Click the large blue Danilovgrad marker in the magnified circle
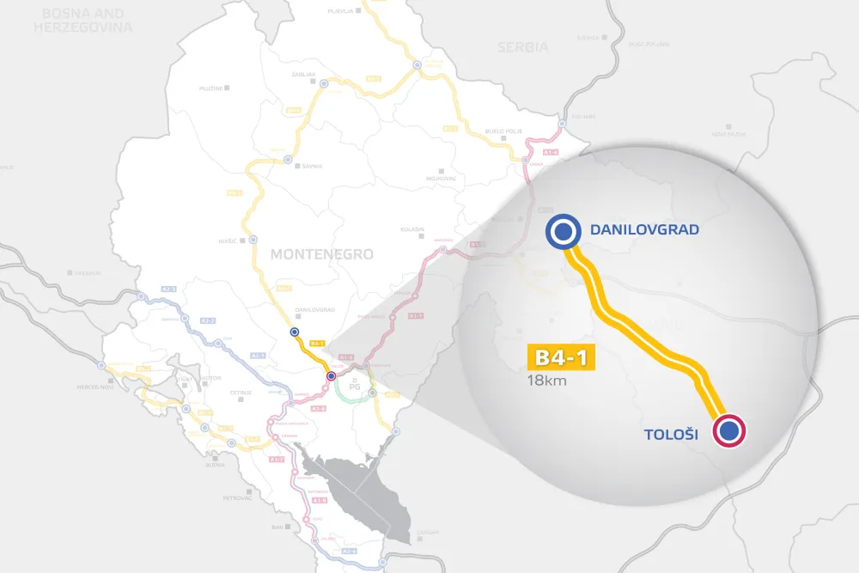click(x=563, y=230)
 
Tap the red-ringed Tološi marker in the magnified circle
click(x=729, y=431)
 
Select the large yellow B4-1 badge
click(x=561, y=358)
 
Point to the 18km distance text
click(x=549, y=381)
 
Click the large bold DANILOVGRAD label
click(x=644, y=230)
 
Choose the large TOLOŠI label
click(x=670, y=436)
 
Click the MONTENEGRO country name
click(x=322, y=254)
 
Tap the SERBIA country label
click(x=522, y=47)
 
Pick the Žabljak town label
click(x=303, y=75)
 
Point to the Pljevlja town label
click(x=341, y=10)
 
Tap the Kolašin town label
click(x=412, y=229)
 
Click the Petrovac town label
click(x=236, y=497)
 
